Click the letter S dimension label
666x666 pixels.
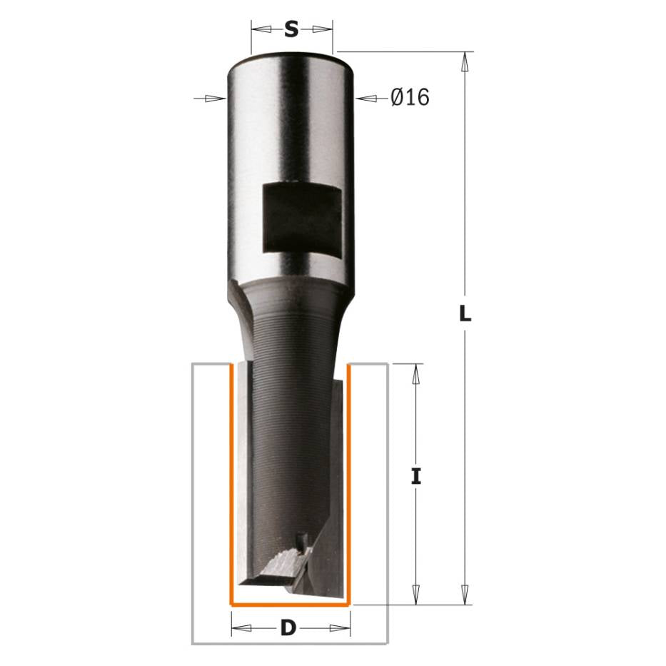click(291, 30)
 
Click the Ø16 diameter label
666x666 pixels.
click(410, 97)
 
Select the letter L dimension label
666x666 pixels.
click(465, 314)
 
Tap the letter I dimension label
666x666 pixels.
click(416, 476)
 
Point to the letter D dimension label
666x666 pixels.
click(288, 627)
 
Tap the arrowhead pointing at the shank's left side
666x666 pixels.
click(216, 99)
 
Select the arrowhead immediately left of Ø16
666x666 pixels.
click(366, 99)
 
